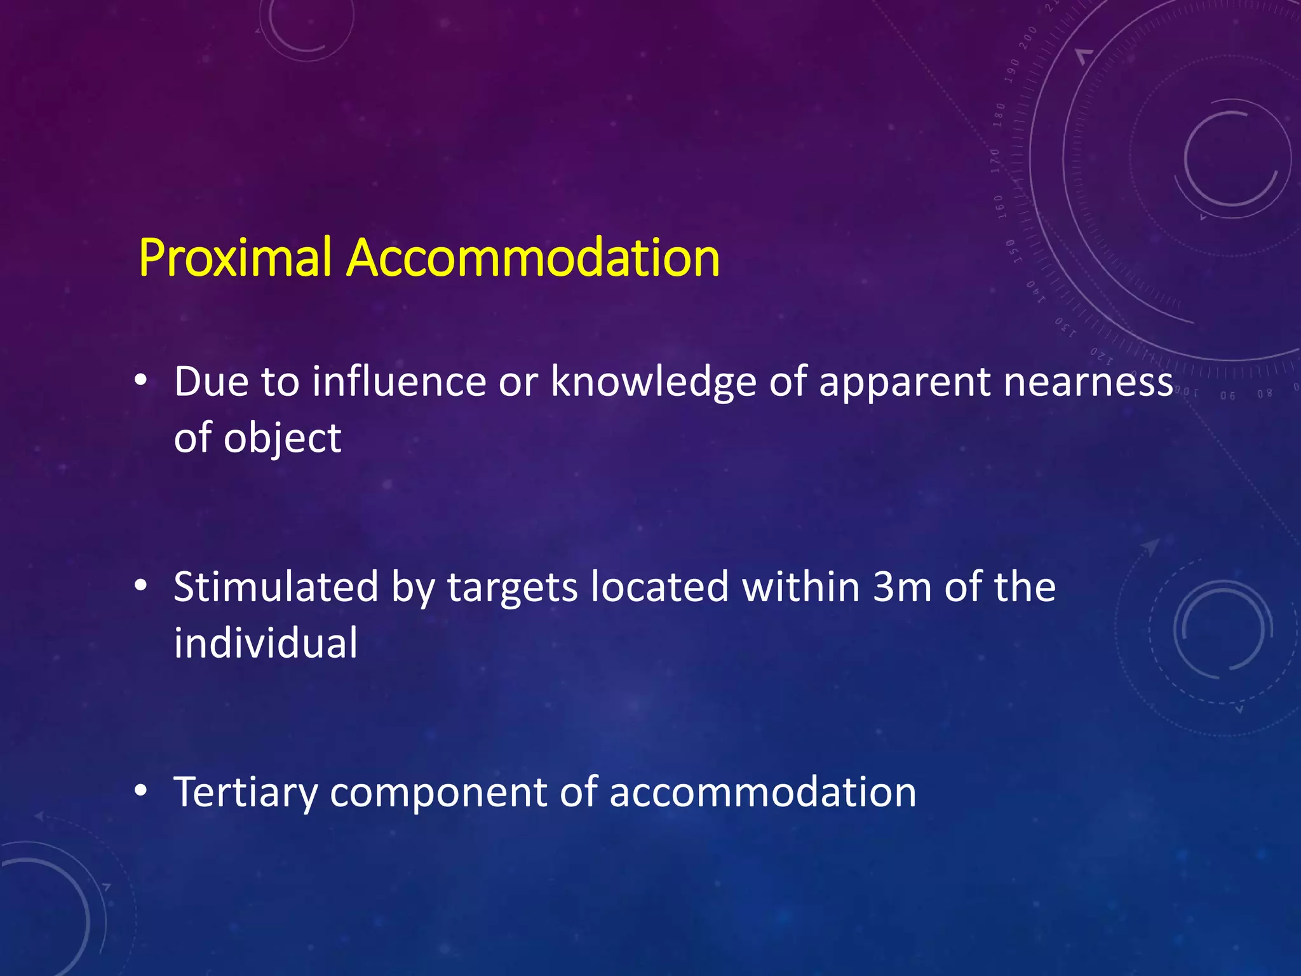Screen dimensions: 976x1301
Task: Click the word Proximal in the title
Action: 235,258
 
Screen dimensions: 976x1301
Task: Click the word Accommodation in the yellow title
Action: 532,258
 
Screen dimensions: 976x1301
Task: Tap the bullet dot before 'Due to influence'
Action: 141,381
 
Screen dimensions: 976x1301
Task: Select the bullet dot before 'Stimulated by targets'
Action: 141,586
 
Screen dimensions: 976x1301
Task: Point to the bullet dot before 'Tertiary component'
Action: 141,791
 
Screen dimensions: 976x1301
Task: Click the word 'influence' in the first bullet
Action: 399,382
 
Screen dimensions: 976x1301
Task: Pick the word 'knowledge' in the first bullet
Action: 653,382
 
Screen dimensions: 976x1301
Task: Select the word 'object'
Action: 283,438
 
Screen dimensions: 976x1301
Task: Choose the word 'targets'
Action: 512,588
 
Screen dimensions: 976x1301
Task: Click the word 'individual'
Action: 266,642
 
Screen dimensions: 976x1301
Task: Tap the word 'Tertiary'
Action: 245,792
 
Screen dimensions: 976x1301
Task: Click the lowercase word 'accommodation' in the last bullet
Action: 762,792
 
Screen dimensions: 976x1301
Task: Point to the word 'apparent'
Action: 905,383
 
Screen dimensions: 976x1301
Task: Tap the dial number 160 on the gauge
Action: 999,207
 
